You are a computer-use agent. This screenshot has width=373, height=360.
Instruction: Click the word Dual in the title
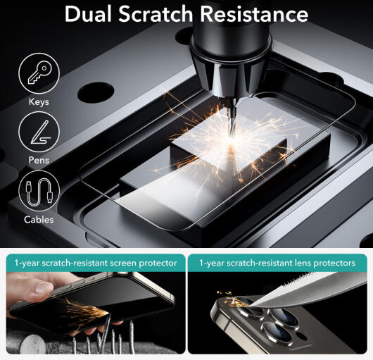click(88, 14)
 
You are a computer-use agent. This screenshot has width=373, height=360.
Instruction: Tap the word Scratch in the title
click(156, 14)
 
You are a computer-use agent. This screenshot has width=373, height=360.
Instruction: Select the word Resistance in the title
click(254, 14)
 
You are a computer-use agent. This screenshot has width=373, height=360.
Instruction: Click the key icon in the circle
click(39, 73)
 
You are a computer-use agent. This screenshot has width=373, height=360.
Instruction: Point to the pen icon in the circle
click(40, 132)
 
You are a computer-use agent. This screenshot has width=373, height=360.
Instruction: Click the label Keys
click(39, 102)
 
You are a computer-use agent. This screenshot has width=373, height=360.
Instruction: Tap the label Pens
click(39, 160)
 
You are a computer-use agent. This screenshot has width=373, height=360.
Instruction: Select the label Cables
click(39, 220)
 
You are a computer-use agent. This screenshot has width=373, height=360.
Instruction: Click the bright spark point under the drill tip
click(230, 140)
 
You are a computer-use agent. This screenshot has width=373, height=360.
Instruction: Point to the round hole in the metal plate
click(96, 93)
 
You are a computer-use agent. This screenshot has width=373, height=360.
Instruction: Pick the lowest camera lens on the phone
click(277, 332)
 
